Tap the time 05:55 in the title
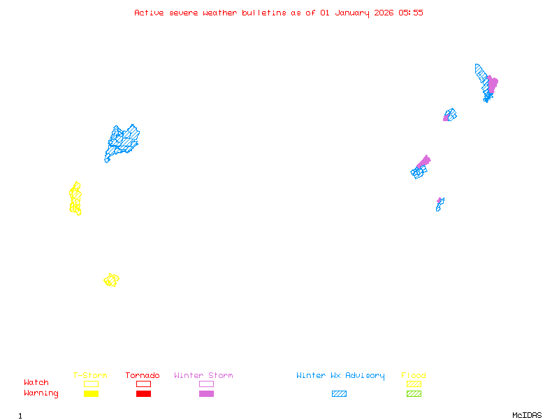point(410,13)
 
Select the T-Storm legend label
point(90,376)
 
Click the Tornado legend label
point(143,376)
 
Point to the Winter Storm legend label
point(203,376)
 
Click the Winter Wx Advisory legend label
point(340,376)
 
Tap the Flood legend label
point(414,376)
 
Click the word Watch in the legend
point(36,383)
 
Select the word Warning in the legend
point(41,393)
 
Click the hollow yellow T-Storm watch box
point(91,384)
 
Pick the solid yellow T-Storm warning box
point(91,393)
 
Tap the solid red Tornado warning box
point(143,393)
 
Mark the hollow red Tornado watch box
point(143,384)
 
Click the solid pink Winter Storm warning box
point(206,393)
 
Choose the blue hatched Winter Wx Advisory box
point(339,393)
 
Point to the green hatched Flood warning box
point(414,393)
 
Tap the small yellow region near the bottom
point(111,280)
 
